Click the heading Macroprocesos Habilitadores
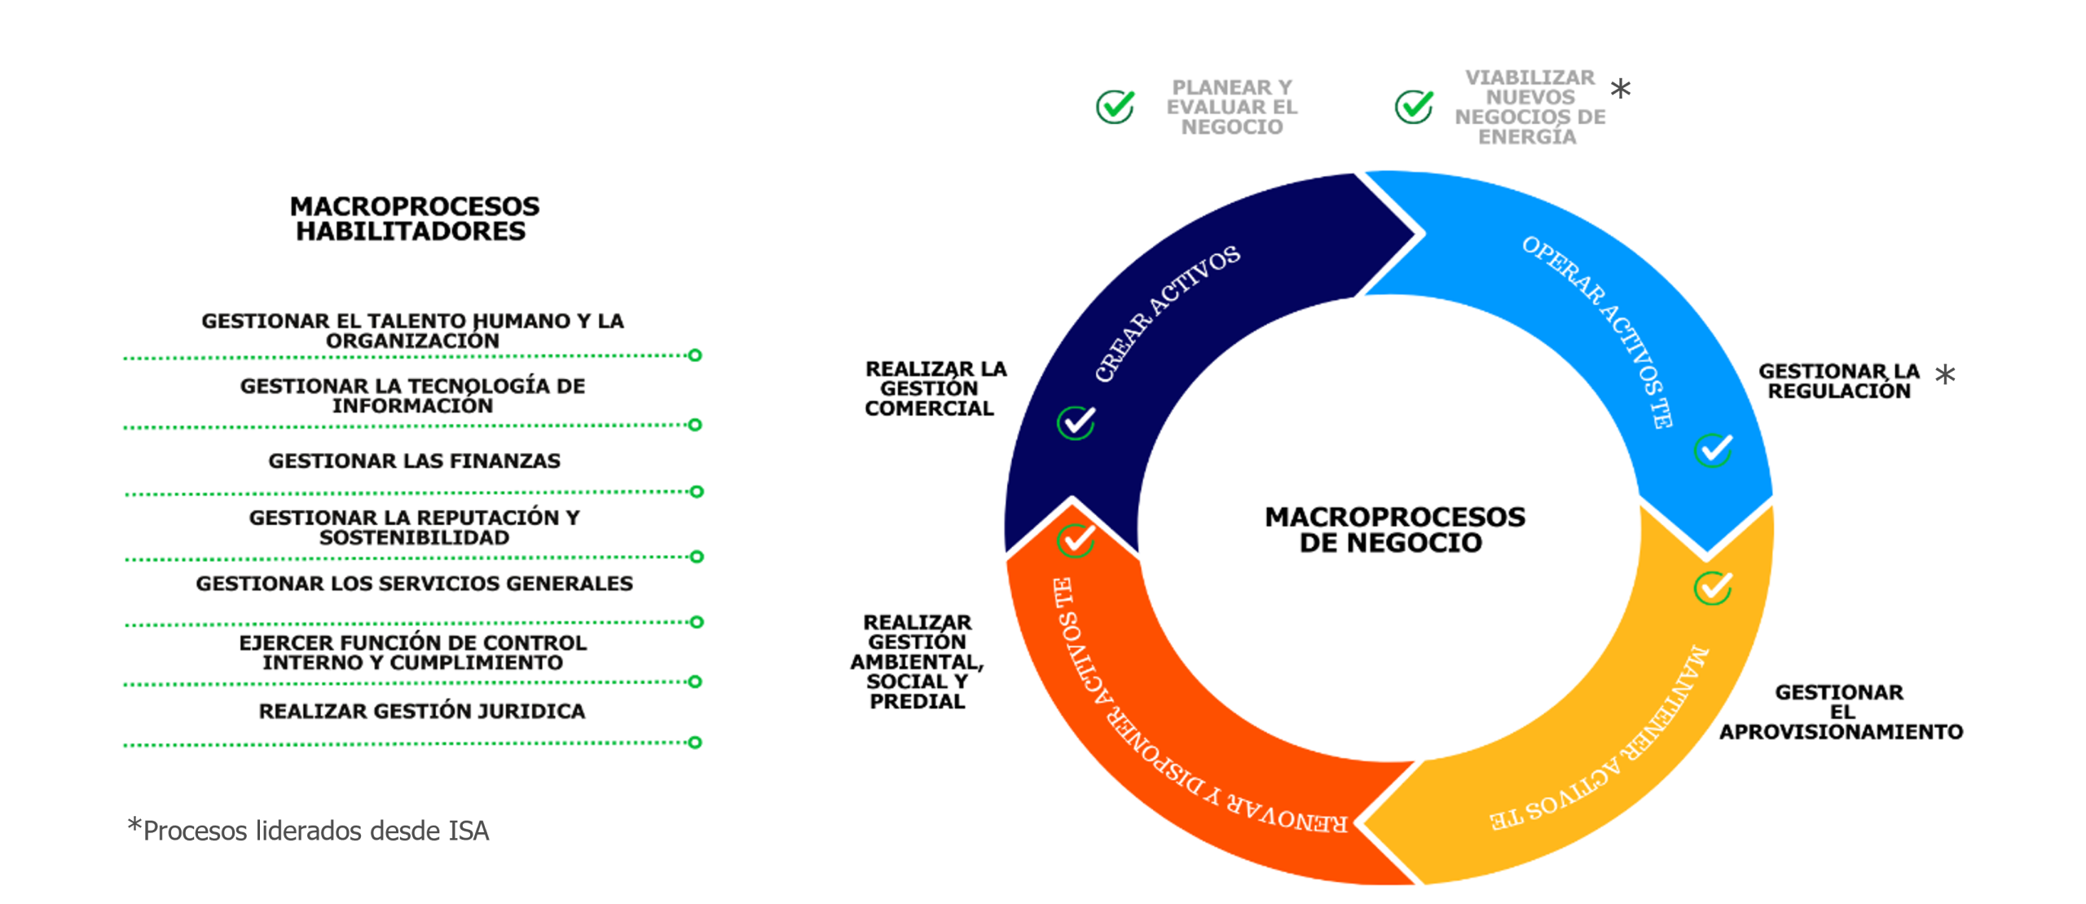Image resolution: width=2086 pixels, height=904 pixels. (x=414, y=218)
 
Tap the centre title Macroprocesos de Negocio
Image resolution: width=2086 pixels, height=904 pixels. (x=1394, y=529)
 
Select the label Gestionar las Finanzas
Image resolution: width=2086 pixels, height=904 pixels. (x=414, y=461)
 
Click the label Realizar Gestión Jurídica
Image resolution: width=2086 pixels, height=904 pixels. (x=421, y=712)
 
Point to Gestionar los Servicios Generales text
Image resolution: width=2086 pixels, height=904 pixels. (x=414, y=584)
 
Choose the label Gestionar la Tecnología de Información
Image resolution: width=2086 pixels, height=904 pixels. (x=412, y=396)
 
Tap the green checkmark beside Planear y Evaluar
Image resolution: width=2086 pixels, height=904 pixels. (x=1115, y=107)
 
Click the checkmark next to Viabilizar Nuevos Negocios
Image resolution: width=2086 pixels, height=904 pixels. (x=1414, y=107)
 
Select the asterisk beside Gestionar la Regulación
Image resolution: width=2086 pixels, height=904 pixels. (x=1945, y=375)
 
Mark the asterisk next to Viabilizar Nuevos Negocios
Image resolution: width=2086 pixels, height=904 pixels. (x=1621, y=89)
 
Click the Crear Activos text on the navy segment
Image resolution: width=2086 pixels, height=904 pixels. (x=1166, y=313)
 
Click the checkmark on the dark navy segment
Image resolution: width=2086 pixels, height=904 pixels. (x=1076, y=423)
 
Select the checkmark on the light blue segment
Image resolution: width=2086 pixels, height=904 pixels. (x=1713, y=450)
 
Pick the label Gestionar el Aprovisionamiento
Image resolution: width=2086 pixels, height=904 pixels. (x=1841, y=712)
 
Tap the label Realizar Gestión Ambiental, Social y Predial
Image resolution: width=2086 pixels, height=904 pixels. (x=917, y=662)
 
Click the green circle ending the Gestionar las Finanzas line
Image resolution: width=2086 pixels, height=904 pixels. (x=696, y=492)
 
